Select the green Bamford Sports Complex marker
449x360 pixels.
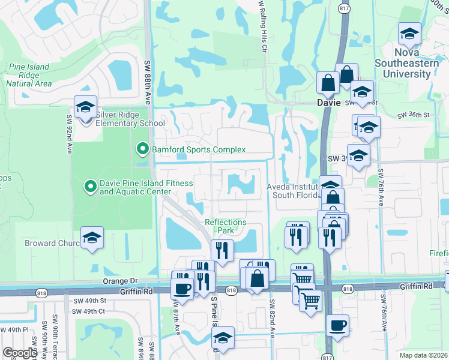tap(142, 148)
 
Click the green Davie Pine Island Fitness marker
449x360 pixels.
tap(91, 187)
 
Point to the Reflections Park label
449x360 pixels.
tap(226, 226)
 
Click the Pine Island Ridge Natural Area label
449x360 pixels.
tap(29, 76)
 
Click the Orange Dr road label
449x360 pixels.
tap(120, 280)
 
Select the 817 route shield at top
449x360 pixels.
tap(343, 8)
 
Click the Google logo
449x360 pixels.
tap(20, 353)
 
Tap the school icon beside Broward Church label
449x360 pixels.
tap(92, 238)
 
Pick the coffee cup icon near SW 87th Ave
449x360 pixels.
tap(182, 287)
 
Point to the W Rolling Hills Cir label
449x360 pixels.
tap(262, 27)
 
